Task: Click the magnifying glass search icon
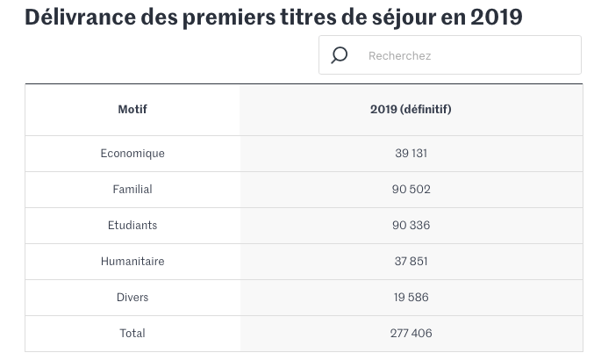[x=340, y=55]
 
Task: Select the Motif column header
[x=132, y=110]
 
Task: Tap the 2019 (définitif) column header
[x=411, y=110]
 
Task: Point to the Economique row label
[x=132, y=153]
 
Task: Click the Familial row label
[x=132, y=189]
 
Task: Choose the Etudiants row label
[x=132, y=225]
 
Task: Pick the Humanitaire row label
[x=132, y=261]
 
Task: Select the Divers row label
[x=132, y=297]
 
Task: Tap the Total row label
[x=132, y=333]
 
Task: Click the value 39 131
[x=411, y=153]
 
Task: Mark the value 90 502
[x=411, y=189]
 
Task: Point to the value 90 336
[x=411, y=225]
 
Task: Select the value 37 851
[x=411, y=261]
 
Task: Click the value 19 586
[x=411, y=297]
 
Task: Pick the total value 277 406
[x=411, y=333]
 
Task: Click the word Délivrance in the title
[x=79, y=17]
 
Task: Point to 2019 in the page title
[x=496, y=17]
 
